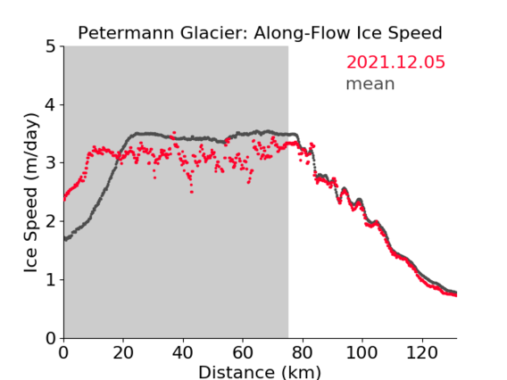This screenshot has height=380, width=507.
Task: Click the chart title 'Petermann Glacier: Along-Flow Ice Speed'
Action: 260,33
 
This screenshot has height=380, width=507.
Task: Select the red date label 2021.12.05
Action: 395,62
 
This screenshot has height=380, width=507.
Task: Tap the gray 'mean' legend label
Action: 370,84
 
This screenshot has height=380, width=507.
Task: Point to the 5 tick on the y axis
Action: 51,46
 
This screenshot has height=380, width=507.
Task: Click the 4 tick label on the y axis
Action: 51,104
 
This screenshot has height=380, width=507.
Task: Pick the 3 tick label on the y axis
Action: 51,163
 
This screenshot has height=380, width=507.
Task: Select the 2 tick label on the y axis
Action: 51,221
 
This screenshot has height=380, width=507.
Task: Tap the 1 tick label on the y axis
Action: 51,280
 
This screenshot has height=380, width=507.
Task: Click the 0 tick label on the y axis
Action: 51,338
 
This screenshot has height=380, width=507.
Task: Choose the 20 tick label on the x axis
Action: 123,352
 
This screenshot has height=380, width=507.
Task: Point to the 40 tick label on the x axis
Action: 183,352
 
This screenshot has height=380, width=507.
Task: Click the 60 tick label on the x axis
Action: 243,352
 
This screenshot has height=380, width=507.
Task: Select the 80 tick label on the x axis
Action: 303,352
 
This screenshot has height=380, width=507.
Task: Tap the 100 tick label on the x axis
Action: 362,352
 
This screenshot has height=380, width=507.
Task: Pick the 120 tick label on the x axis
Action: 421,352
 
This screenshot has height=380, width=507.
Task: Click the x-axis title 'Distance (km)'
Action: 260,373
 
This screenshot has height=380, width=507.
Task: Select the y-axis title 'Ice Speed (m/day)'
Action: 31,193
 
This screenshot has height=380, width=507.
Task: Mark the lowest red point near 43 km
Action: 192,193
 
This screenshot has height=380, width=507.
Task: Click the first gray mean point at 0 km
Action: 65,238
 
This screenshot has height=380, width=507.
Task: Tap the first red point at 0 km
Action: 64,200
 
